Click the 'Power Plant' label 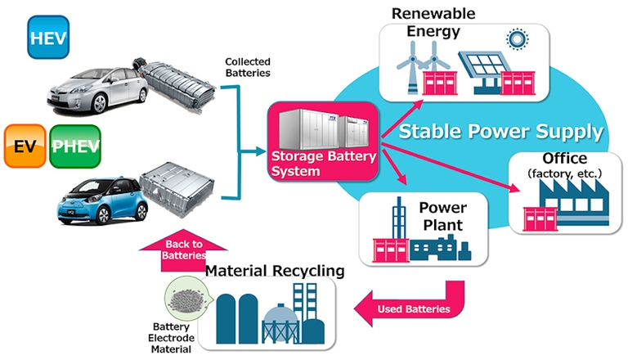pyautogui.click(x=442, y=216)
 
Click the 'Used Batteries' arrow pyautogui.click(x=410, y=308)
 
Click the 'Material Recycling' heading pyautogui.click(x=274, y=270)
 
